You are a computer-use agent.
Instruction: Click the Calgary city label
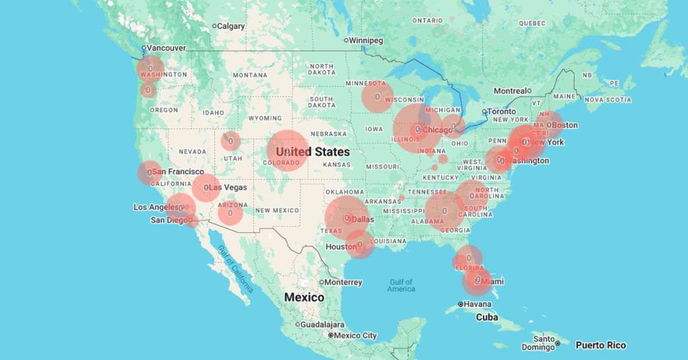[231, 26]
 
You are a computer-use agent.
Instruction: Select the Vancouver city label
[166, 48]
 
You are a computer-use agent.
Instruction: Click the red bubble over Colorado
[287, 151]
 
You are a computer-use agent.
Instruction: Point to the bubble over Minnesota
[377, 97]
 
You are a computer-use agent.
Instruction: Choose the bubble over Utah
[230, 140]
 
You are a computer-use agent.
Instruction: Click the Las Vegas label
[228, 187]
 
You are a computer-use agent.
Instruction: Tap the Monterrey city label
[344, 282]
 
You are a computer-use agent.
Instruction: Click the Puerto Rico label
[600, 345]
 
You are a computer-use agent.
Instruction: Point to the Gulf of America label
[401, 285]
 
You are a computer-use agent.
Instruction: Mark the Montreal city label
[510, 91]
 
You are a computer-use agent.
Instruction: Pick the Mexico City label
[355, 335]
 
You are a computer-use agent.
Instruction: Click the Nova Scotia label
[608, 100]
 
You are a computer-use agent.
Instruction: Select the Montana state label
[249, 75]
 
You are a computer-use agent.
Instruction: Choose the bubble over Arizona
[230, 213]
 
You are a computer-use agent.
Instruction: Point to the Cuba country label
[486, 317]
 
